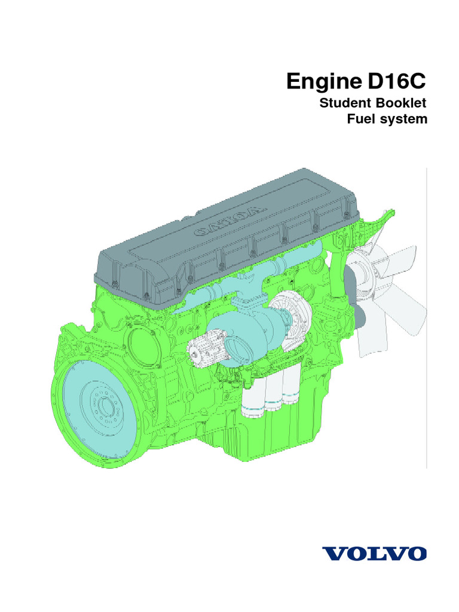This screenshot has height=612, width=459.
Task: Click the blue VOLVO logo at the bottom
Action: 377,552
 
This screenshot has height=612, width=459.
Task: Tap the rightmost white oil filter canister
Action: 292,388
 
